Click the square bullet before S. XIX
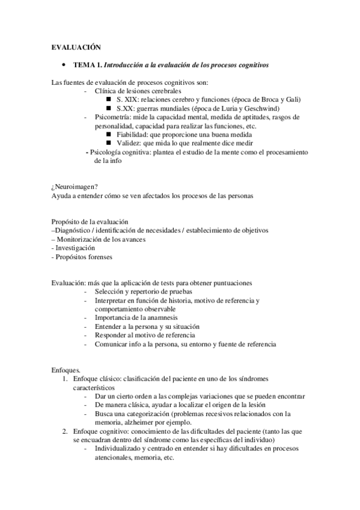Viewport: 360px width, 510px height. tap(108, 99)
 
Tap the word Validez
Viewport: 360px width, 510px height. tap(129, 144)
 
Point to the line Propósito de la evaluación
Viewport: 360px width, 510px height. tap(89, 222)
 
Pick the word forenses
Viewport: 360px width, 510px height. tap(99, 257)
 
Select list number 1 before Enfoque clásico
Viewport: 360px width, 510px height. tap(66, 379)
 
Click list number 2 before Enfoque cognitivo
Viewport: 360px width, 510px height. tap(66, 432)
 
